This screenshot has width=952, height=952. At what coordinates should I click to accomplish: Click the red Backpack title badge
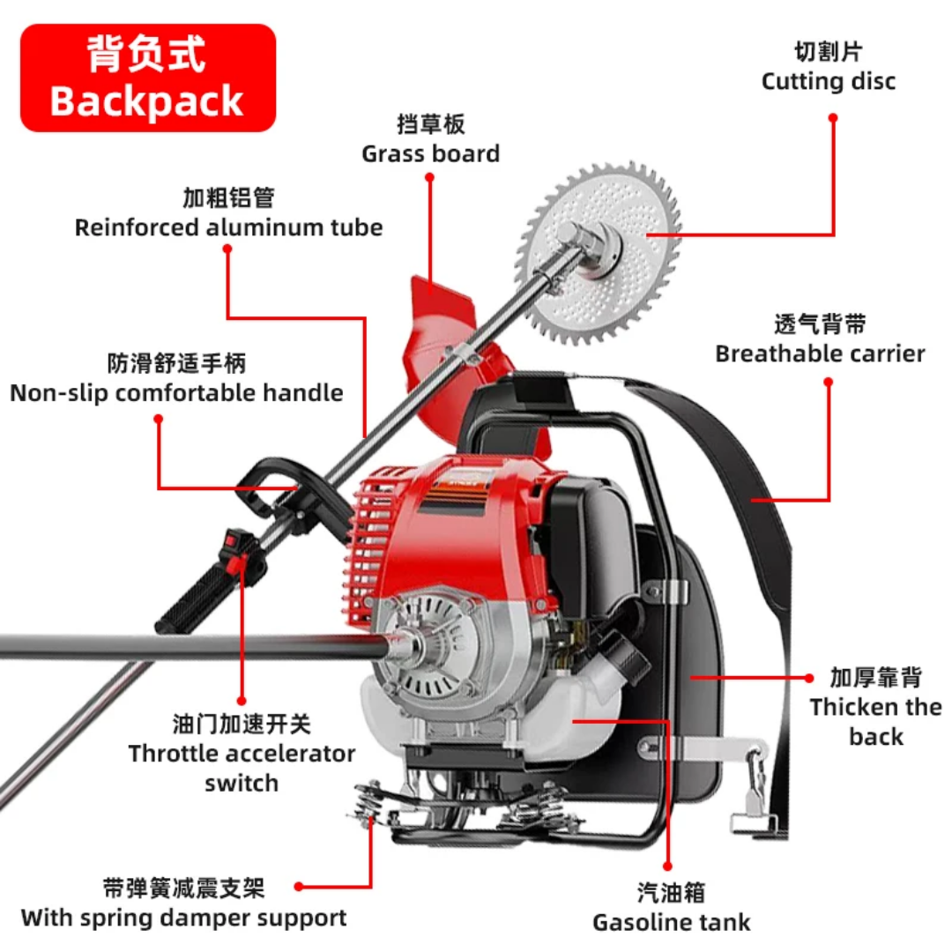click(x=148, y=78)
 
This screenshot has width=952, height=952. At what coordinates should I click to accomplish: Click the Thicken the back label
click(x=875, y=707)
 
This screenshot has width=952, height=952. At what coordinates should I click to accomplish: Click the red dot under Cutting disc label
click(x=833, y=118)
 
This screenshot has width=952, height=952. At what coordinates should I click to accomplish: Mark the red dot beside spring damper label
click(x=299, y=887)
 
